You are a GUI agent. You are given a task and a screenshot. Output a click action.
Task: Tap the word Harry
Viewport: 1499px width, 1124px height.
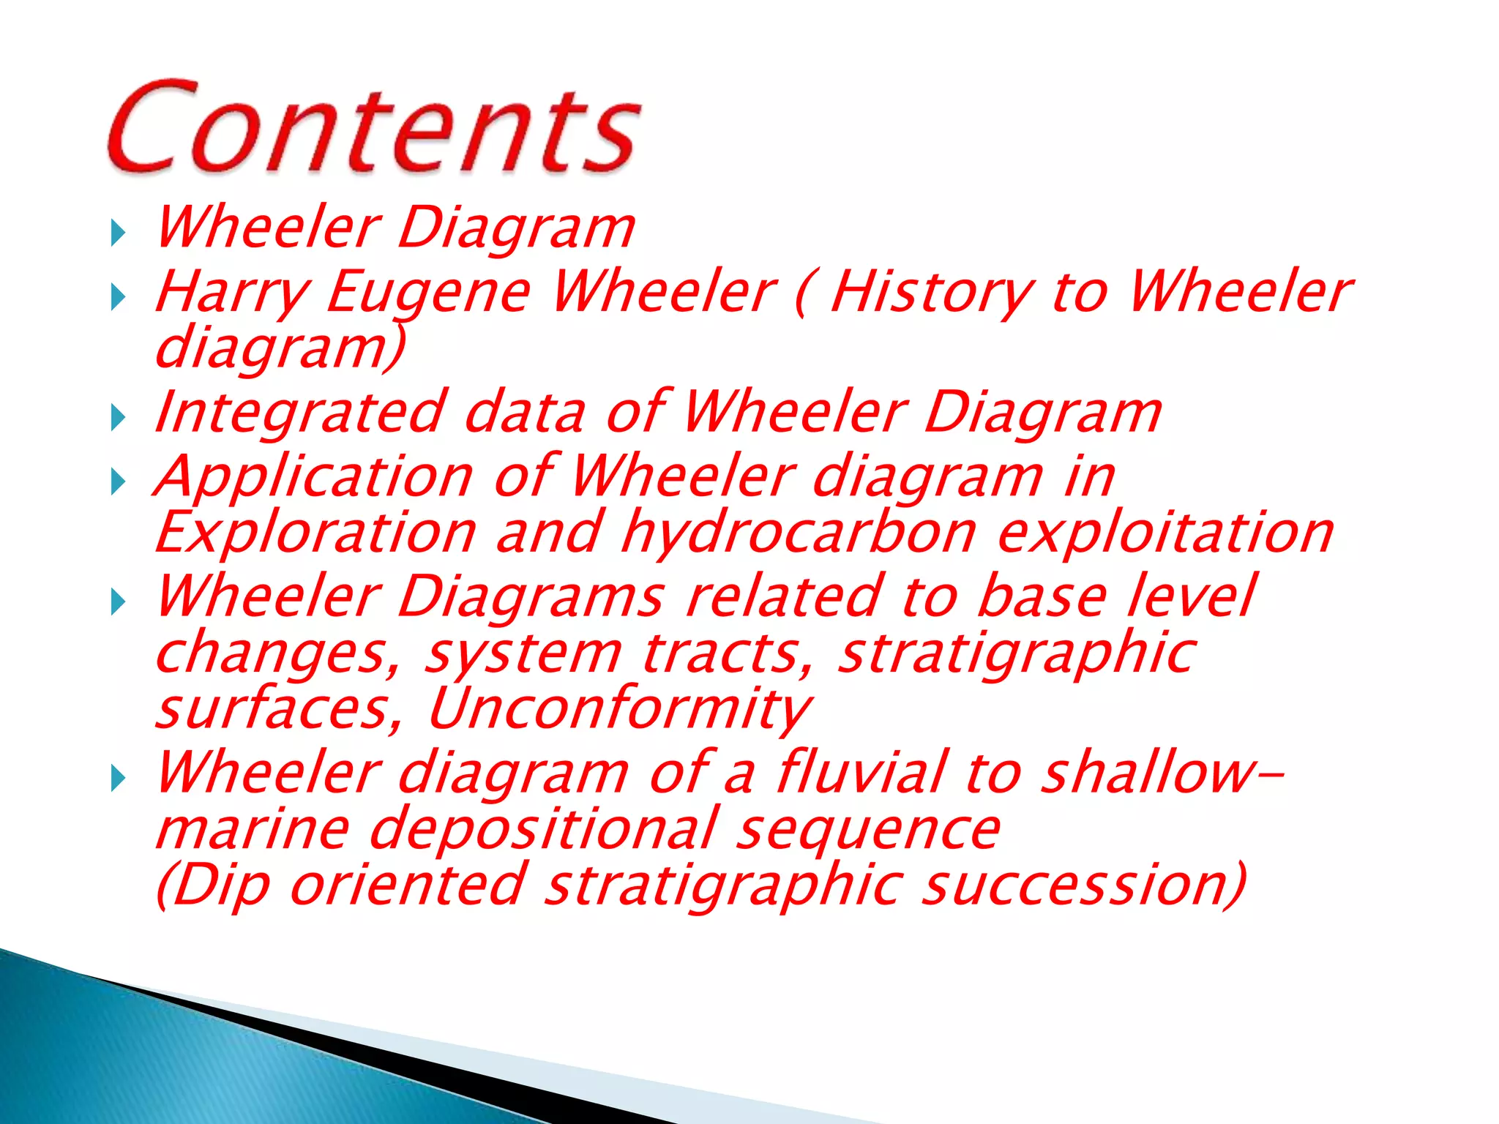[232, 293]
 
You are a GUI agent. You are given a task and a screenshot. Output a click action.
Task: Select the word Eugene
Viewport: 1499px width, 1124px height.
[429, 293]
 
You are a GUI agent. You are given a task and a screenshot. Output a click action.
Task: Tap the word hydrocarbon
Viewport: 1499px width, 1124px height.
[799, 532]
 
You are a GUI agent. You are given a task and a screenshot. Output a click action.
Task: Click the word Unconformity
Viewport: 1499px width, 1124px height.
[619, 708]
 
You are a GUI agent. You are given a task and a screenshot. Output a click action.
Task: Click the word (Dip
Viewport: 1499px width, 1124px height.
[213, 885]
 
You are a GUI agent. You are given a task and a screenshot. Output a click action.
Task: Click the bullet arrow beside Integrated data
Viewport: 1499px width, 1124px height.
[118, 418]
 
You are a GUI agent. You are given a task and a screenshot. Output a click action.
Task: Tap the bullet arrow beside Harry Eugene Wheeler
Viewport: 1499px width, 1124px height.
[118, 297]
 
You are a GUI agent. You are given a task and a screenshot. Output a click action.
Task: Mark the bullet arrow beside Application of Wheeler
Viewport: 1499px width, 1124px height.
[118, 482]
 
